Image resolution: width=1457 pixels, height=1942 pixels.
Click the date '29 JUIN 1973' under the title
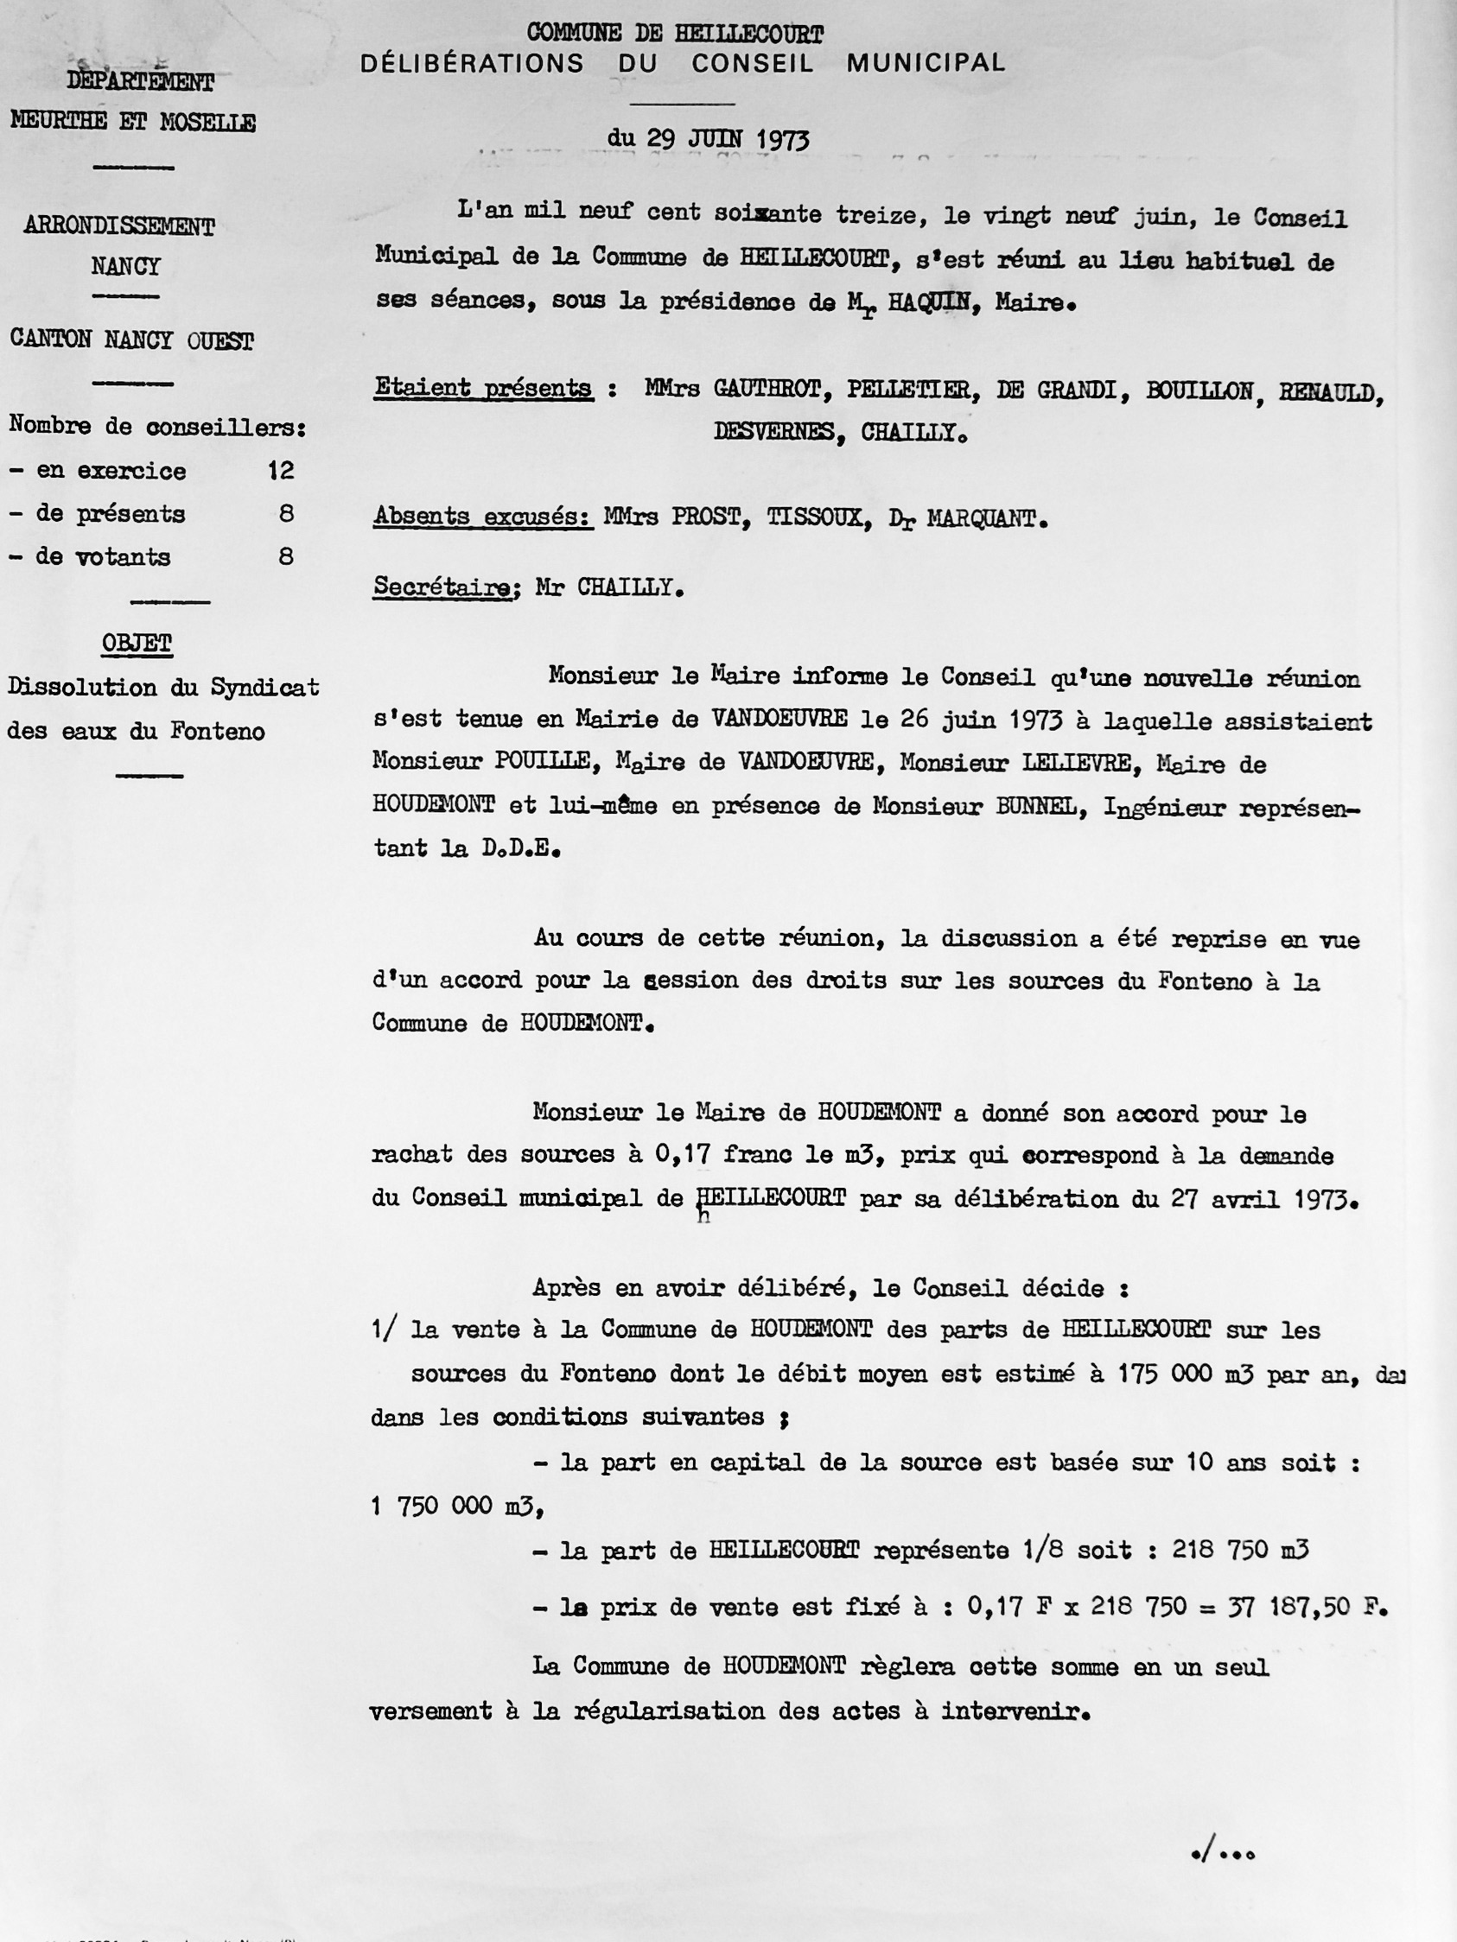tap(727, 139)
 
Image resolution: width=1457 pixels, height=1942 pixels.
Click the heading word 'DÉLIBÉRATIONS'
tap(472, 63)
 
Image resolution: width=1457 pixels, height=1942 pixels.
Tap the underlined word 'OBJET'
tap(137, 643)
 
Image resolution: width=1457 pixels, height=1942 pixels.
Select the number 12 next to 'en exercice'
tap(281, 471)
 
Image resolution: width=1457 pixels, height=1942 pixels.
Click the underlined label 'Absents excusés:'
tap(483, 517)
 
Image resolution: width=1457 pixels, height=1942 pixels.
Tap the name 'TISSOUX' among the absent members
tap(819, 518)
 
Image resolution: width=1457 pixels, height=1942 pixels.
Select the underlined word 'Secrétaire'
tap(442, 587)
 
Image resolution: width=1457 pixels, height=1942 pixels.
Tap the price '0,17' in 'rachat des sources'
tap(683, 1155)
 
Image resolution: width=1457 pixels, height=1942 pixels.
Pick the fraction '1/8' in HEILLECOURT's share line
tap(1043, 1550)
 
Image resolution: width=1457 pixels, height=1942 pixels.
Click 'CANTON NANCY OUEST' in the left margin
tap(131, 340)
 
